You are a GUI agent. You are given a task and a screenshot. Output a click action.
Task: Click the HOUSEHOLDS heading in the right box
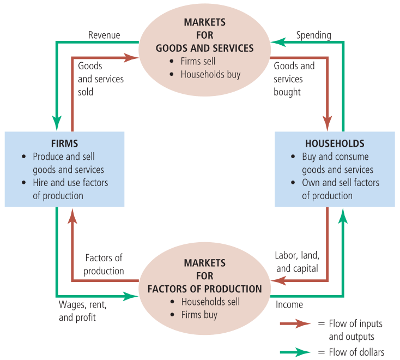point(334,143)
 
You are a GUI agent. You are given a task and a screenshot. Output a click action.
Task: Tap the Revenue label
point(104,35)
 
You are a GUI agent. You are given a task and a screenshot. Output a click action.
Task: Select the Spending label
point(313,35)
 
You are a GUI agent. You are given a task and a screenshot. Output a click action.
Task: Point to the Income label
point(289,304)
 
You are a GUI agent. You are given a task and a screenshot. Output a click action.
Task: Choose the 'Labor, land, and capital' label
point(298,262)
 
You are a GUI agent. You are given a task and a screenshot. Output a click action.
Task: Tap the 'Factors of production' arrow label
point(104,264)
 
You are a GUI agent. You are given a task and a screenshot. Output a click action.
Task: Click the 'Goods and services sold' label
point(101,79)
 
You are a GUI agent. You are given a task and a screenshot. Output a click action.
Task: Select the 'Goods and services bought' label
point(294,79)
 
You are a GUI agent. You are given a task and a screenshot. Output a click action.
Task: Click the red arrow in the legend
point(295,324)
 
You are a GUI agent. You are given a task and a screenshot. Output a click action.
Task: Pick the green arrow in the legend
point(295,352)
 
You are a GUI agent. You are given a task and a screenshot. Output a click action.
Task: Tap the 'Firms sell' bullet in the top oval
point(199,61)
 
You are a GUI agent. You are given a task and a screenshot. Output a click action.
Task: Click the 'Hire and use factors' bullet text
point(70,183)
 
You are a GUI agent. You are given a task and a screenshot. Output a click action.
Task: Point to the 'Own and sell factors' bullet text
point(341,183)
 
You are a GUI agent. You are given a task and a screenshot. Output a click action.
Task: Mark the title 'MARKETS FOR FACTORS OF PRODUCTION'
point(205,276)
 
